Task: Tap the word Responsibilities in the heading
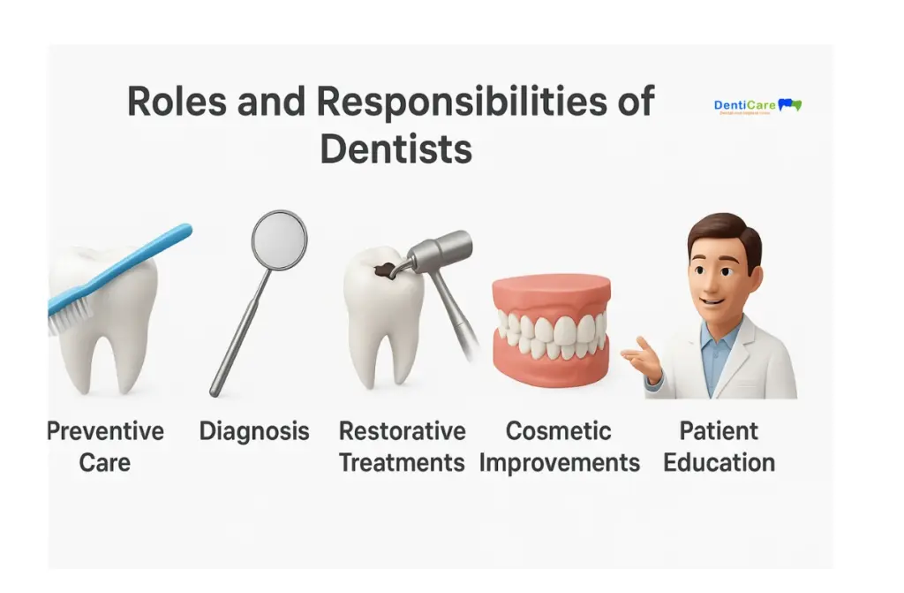point(460,102)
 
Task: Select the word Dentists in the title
point(395,148)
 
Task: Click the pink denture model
point(551,331)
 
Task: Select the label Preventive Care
point(105,446)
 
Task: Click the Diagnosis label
point(254,431)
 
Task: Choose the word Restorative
point(402,431)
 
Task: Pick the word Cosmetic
point(558,431)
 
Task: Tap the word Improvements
point(560,462)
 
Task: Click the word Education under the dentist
point(719,462)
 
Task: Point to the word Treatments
point(402,462)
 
